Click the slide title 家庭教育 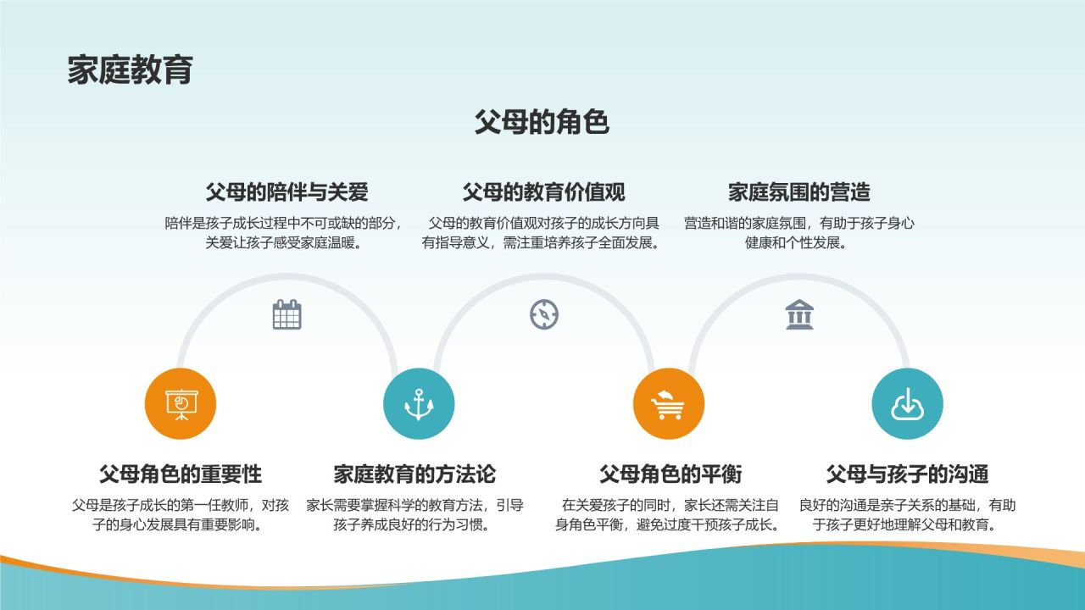(x=131, y=69)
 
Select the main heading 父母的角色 (x=542, y=122)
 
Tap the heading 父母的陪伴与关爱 (x=287, y=192)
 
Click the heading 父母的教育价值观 (x=543, y=192)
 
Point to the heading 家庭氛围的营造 (x=798, y=192)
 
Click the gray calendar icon (x=287, y=314)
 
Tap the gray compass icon (x=544, y=314)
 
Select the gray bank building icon (x=799, y=314)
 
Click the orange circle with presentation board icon (x=181, y=404)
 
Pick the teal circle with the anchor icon (x=419, y=404)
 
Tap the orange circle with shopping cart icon (x=669, y=404)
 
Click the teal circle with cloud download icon (x=907, y=404)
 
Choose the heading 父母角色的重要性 (x=181, y=474)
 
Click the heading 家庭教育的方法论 (x=415, y=474)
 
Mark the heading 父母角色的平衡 (x=670, y=474)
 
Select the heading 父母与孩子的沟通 (x=907, y=474)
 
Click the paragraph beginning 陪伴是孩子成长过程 (x=284, y=233)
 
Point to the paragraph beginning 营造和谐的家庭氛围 (x=798, y=233)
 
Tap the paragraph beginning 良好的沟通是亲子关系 (x=907, y=514)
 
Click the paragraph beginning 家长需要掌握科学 (x=415, y=514)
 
